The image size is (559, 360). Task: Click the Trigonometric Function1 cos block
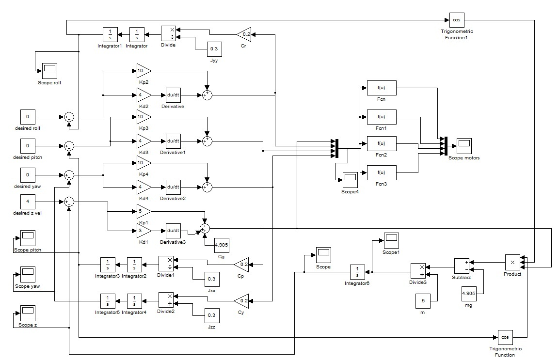[456, 20]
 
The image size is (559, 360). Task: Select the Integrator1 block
[110, 34]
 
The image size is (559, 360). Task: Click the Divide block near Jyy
[168, 34]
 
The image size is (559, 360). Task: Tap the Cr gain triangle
[244, 34]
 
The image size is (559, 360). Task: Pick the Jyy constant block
[214, 49]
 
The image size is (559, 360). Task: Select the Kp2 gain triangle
[143, 70]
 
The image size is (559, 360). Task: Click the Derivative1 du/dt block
[173, 141]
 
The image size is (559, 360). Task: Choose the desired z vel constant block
[28, 201]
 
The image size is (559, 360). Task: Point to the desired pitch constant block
[28, 145]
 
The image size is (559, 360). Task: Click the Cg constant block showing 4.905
[222, 246]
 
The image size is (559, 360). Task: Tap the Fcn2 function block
[381, 143]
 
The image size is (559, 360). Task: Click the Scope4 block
[350, 180]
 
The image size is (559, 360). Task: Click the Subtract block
[462, 266]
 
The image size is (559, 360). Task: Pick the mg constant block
[468, 294]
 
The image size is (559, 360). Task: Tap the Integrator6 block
[357, 272]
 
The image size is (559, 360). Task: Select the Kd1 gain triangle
[143, 231]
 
